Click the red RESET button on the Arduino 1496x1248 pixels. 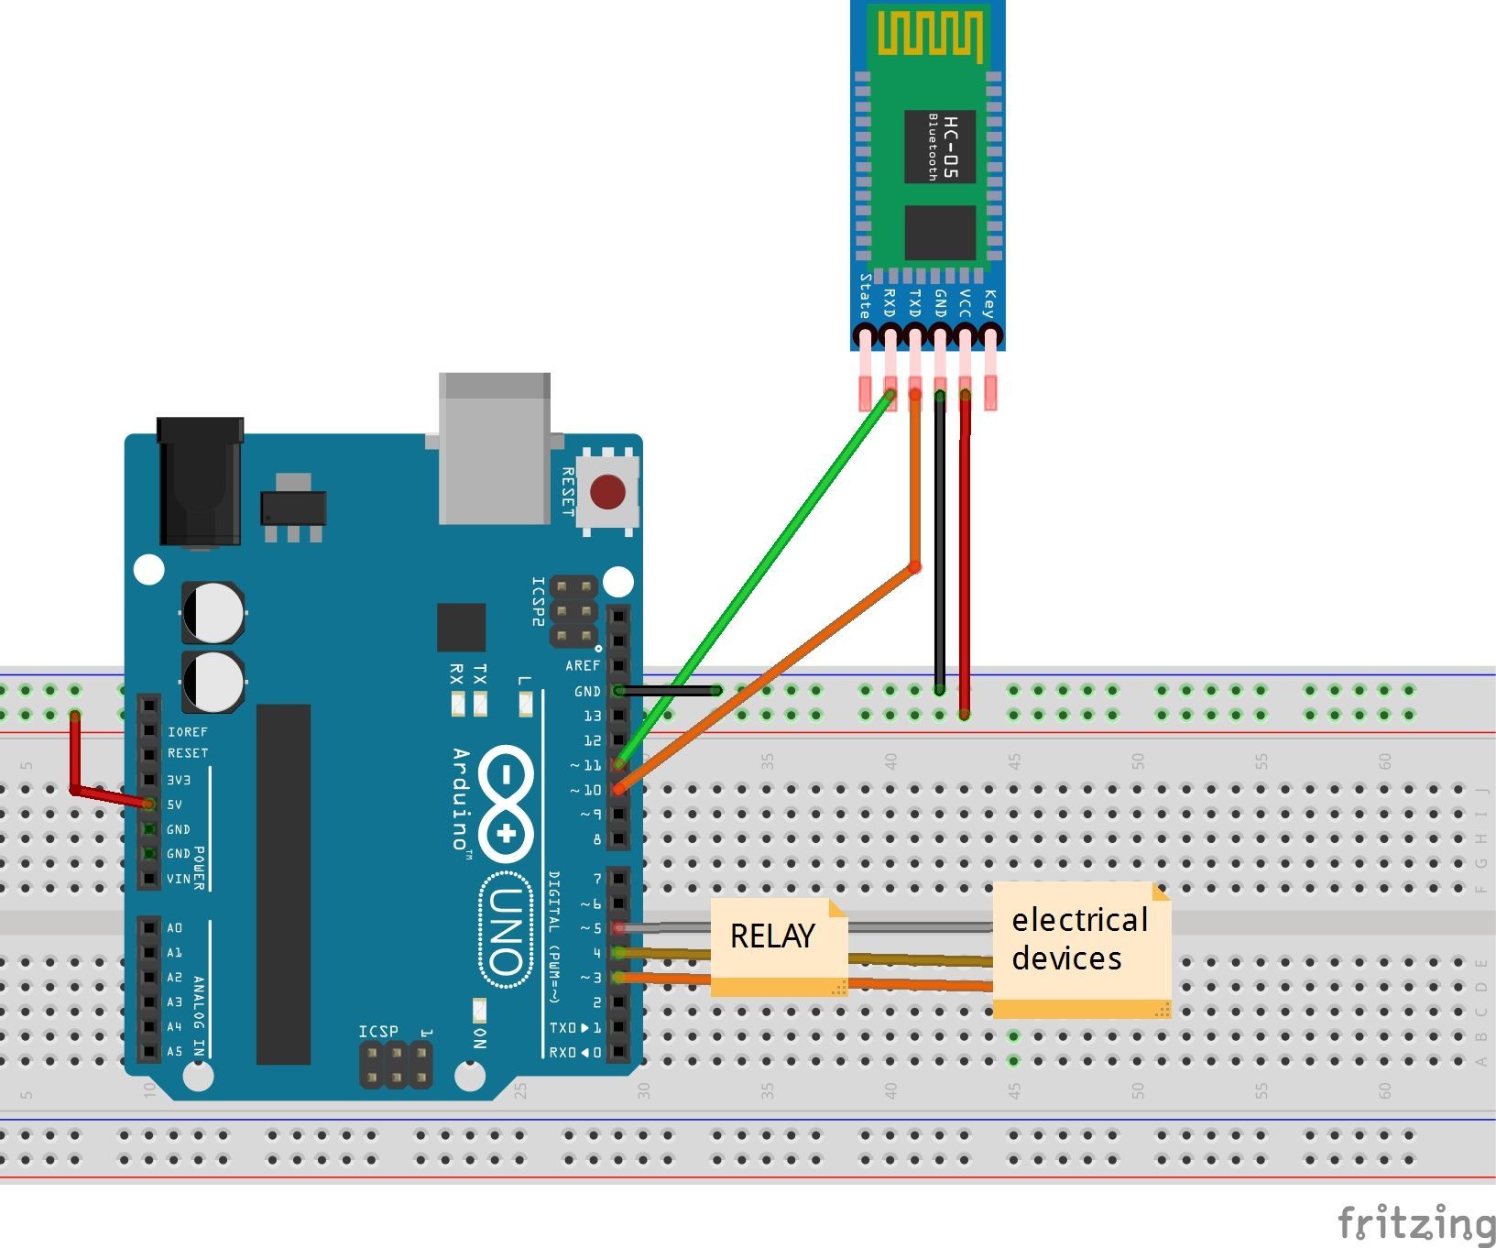pyautogui.click(x=607, y=492)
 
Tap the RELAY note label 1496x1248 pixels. pyautogui.click(x=772, y=936)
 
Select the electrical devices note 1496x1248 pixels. pyautogui.click(x=1079, y=939)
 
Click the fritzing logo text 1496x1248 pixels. pyautogui.click(x=1415, y=1223)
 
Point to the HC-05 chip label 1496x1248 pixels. pyautogui.click(x=949, y=147)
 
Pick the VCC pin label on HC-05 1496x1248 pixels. pyautogui.click(x=965, y=303)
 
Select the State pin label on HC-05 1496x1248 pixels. pyautogui.click(x=864, y=296)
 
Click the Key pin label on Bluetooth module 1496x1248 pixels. pyautogui.click(x=988, y=303)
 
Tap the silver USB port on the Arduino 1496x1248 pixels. pyautogui.click(x=494, y=449)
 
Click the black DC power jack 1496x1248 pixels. pyautogui.click(x=200, y=481)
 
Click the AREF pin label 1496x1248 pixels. pyautogui.click(x=583, y=665)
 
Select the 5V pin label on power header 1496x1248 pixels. pyautogui.click(x=174, y=805)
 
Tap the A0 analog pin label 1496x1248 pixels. pyautogui.click(x=174, y=928)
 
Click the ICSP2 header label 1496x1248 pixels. pyautogui.click(x=538, y=602)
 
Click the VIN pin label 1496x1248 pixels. pyautogui.click(x=178, y=879)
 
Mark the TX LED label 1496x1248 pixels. pyautogui.click(x=479, y=676)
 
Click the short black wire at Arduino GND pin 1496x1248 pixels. pyautogui.click(x=669, y=690)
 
